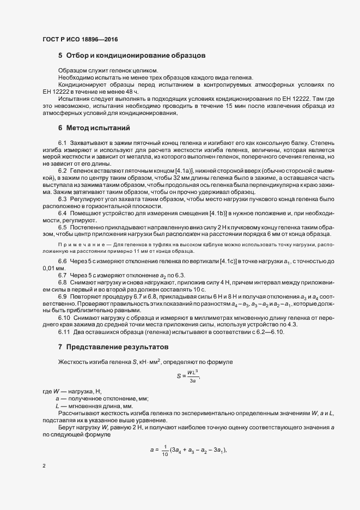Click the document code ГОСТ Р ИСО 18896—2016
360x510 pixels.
[80, 40]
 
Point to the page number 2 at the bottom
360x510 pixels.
[44, 466]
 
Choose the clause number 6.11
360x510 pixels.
[64, 332]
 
